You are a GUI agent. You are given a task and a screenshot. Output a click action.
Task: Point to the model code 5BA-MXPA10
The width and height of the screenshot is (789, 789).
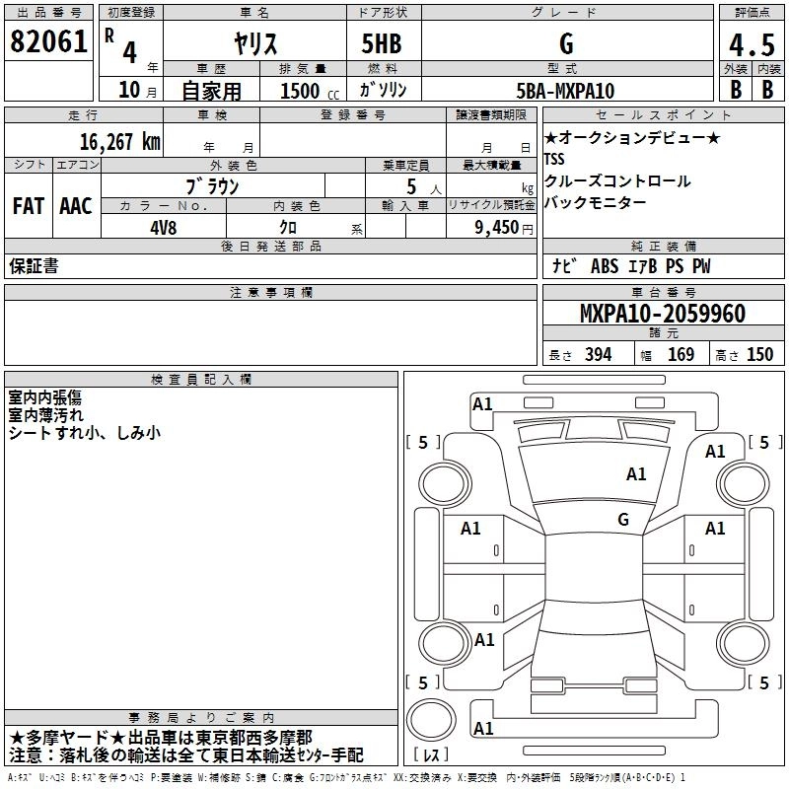point(565,91)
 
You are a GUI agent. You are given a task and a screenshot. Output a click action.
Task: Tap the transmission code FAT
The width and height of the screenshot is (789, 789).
point(29,206)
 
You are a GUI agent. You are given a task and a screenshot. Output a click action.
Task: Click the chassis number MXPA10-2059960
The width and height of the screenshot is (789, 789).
point(648,314)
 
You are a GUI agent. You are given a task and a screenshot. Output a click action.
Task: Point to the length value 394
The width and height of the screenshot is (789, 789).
point(598,355)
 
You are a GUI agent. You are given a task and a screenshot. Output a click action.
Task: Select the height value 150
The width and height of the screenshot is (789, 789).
point(759,355)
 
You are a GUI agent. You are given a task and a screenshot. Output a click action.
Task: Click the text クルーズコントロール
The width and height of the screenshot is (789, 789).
point(617,181)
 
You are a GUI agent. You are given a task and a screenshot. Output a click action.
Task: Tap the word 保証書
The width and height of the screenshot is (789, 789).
point(34,266)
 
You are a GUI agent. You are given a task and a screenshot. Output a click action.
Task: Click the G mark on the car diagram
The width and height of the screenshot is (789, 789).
point(623,519)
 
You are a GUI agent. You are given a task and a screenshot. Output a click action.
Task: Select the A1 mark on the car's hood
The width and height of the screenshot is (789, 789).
point(636,474)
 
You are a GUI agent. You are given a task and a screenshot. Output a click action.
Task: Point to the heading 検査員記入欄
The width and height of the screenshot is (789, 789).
point(201,380)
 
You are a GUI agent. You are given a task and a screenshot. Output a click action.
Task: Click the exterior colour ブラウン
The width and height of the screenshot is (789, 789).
point(212,185)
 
